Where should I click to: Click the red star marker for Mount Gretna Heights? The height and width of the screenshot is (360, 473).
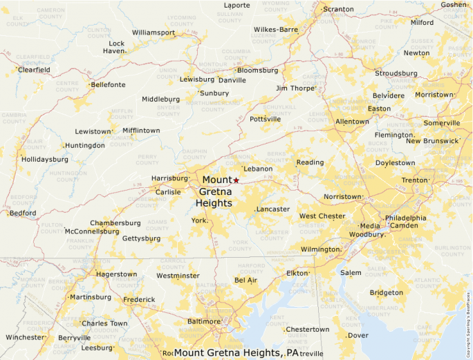click(x=236, y=180)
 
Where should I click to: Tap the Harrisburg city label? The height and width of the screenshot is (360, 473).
click(x=169, y=178)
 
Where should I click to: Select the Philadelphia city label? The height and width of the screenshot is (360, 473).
click(x=406, y=218)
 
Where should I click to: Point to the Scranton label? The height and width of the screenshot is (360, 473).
click(x=338, y=9)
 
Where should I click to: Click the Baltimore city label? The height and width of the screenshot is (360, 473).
click(x=205, y=321)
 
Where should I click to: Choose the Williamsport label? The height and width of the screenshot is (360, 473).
click(x=154, y=32)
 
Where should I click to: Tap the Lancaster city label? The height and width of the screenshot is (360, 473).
click(x=272, y=209)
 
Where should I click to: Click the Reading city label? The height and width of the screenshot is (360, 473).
click(x=310, y=162)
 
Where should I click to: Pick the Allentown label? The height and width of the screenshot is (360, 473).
click(x=352, y=122)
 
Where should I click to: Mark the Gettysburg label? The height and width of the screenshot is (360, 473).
click(x=140, y=238)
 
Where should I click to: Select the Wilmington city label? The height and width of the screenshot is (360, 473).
click(x=320, y=249)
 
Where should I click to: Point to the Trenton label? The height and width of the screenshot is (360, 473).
click(x=415, y=180)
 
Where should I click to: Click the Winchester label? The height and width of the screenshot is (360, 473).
click(x=24, y=337)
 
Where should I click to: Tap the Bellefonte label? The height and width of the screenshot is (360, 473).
click(x=108, y=84)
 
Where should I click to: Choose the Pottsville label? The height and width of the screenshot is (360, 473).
click(x=265, y=119)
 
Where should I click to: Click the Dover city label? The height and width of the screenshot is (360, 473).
click(x=358, y=335)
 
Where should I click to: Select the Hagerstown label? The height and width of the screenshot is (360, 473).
click(x=117, y=274)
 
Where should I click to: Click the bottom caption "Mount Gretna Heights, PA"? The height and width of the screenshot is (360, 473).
click(x=236, y=352)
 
